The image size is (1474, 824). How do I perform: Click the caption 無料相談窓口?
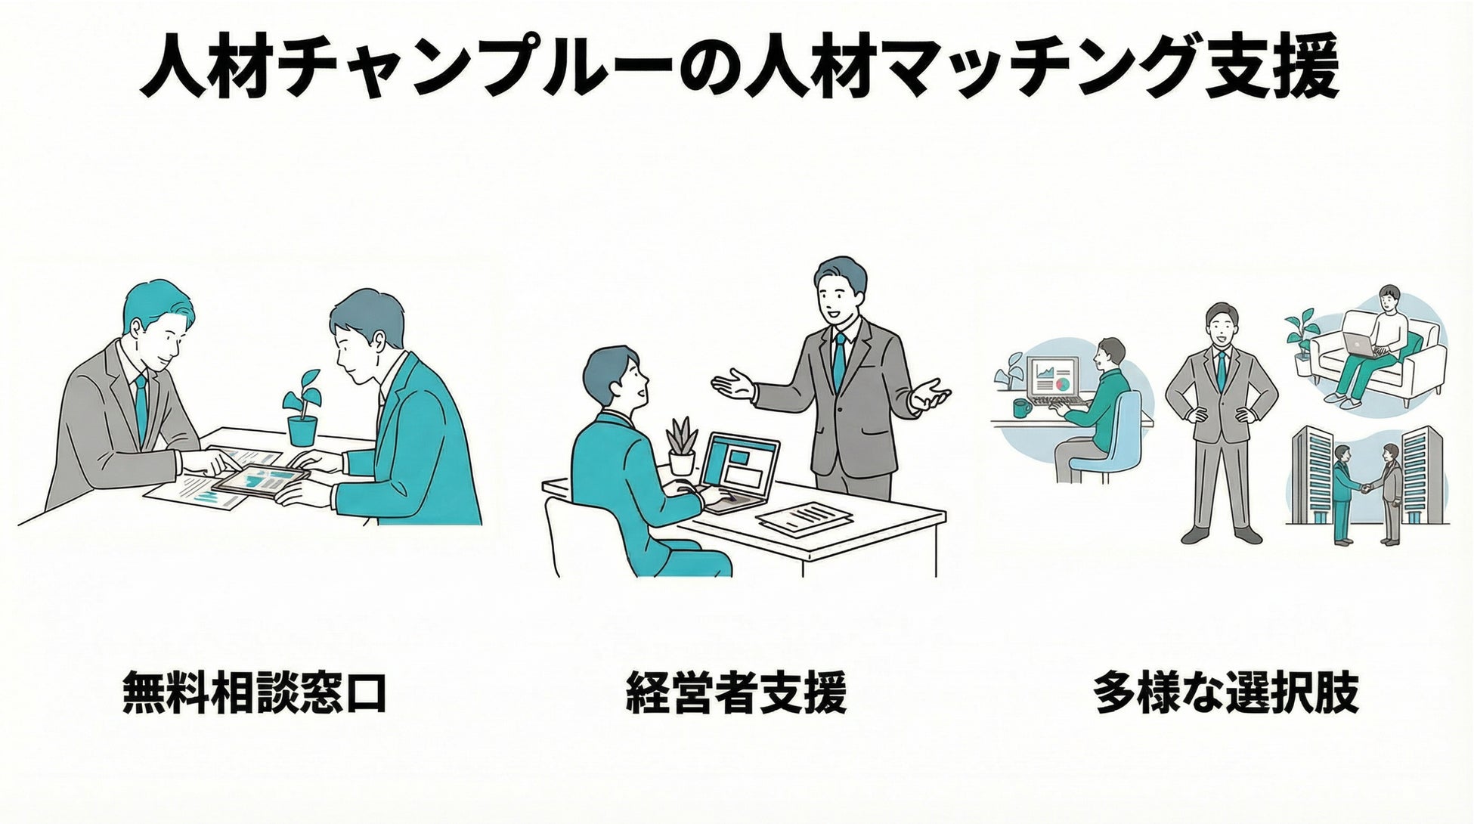(x=255, y=690)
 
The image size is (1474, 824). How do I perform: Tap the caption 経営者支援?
(x=735, y=690)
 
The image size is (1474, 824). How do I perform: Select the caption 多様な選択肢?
(x=1225, y=690)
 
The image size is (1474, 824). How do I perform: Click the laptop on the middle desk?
(x=737, y=470)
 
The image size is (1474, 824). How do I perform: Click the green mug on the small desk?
(x=1022, y=408)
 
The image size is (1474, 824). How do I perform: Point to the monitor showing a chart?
(x=1054, y=376)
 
